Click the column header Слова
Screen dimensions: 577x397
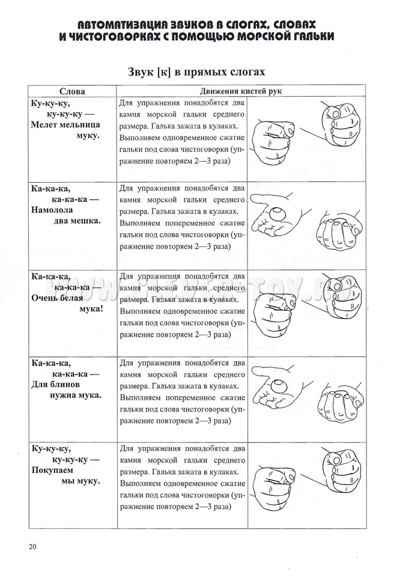click(x=71, y=91)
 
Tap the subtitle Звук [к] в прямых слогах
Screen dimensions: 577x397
click(x=196, y=71)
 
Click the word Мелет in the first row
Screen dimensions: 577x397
click(x=45, y=124)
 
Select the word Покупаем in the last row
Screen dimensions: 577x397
click(x=52, y=471)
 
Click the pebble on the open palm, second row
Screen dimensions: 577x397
click(x=276, y=213)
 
